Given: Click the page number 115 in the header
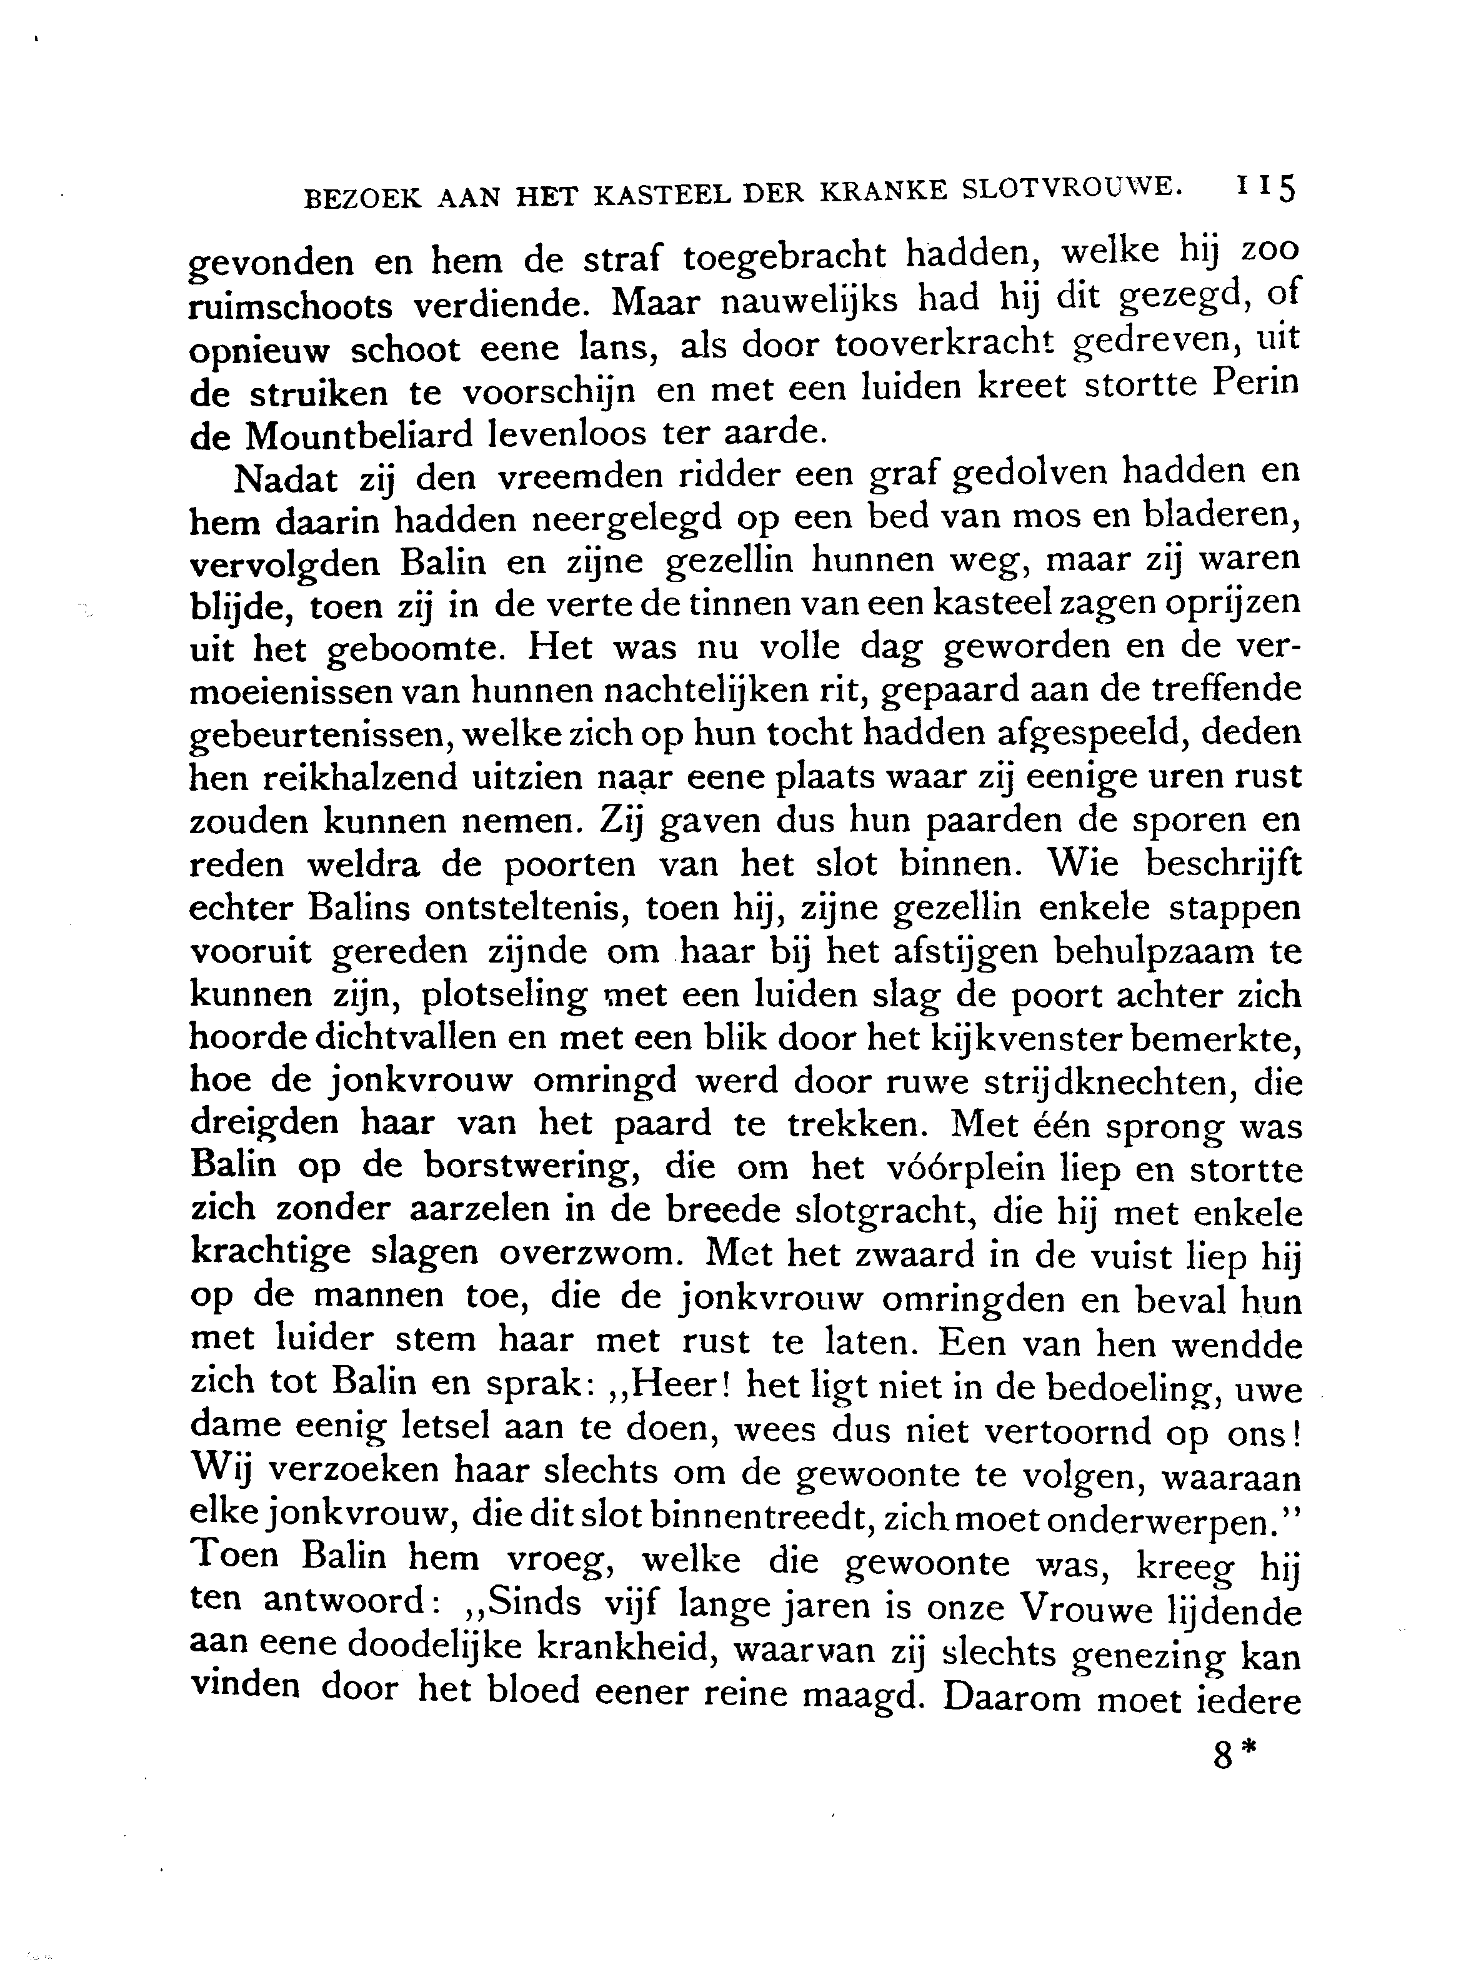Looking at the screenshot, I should tap(1264, 189).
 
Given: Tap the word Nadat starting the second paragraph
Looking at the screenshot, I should tap(286, 479).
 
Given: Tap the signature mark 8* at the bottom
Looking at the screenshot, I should tap(1235, 1754).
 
